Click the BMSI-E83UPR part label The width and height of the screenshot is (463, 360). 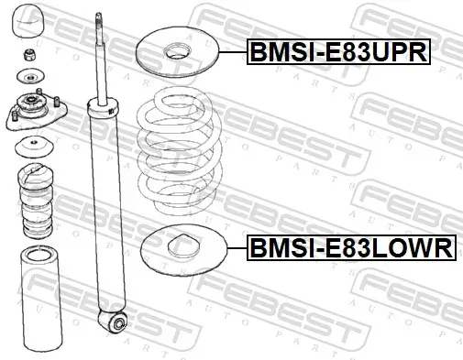337,53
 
